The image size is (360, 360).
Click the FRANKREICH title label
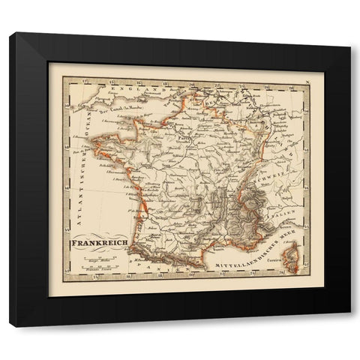tap(100, 244)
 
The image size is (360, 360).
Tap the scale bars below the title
tap(95, 263)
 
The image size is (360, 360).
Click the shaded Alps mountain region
tap(251, 210)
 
